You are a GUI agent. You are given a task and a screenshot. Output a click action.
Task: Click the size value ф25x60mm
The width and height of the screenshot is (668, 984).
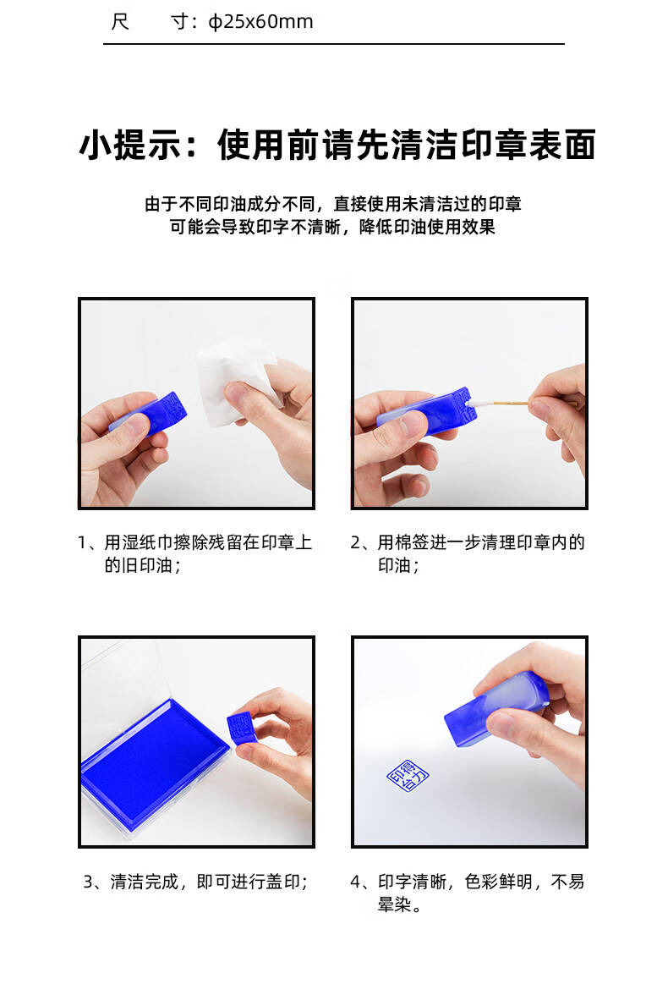click(x=260, y=22)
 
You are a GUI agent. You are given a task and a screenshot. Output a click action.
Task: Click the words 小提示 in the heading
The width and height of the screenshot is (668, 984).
click(x=130, y=146)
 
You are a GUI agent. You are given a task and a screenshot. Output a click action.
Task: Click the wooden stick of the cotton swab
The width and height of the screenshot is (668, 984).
click(x=512, y=402)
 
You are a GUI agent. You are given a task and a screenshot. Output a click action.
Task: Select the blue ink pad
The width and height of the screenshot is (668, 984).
click(x=153, y=757)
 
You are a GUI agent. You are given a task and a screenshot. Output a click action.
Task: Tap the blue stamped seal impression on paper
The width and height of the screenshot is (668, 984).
click(x=408, y=776)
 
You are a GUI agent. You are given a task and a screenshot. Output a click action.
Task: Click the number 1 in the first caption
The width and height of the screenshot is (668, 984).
click(x=82, y=542)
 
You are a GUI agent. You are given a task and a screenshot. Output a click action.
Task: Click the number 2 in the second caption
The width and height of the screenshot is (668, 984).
click(x=356, y=542)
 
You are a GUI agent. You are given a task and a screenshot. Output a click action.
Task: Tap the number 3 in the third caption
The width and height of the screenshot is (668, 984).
click(x=89, y=882)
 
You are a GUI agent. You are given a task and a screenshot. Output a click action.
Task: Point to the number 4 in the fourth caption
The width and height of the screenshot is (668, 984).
click(x=356, y=882)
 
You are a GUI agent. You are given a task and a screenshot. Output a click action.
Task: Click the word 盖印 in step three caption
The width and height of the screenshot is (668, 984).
click(x=283, y=882)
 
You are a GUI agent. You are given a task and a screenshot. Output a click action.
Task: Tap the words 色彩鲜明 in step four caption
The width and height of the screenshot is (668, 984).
click(x=499, y=882)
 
